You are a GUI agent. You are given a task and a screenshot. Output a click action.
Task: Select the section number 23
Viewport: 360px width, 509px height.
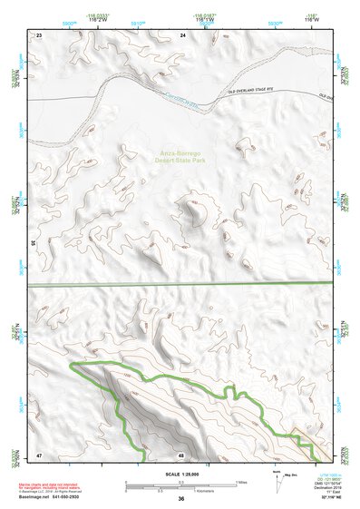coord(39,35)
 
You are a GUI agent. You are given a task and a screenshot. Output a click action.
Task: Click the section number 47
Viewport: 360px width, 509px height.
coord(39,453)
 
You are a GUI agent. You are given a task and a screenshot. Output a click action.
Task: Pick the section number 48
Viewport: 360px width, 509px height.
coord(181,453)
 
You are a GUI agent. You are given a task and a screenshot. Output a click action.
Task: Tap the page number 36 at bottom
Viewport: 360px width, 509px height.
coord(180,499)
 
